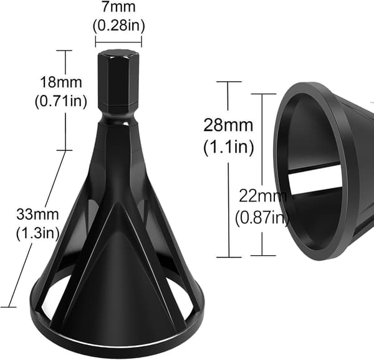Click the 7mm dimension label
pyautogui.click(x=119, y=7)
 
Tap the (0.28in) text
pyautogui.click(x=119, y=26)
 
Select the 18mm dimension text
pyautogui.click(x=61, y=82)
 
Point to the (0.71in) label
pyautogui.click(x=61, y=102)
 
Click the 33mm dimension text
pyautogui.click(x=37, y=215)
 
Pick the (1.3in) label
pyautogui.click(x=37, y=233)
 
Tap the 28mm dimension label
pyautogui.click(x=228, y=125)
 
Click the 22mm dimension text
pyautogui.click(x=263, y=197)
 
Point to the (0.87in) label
pyautogui.click(x=262, y=217)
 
